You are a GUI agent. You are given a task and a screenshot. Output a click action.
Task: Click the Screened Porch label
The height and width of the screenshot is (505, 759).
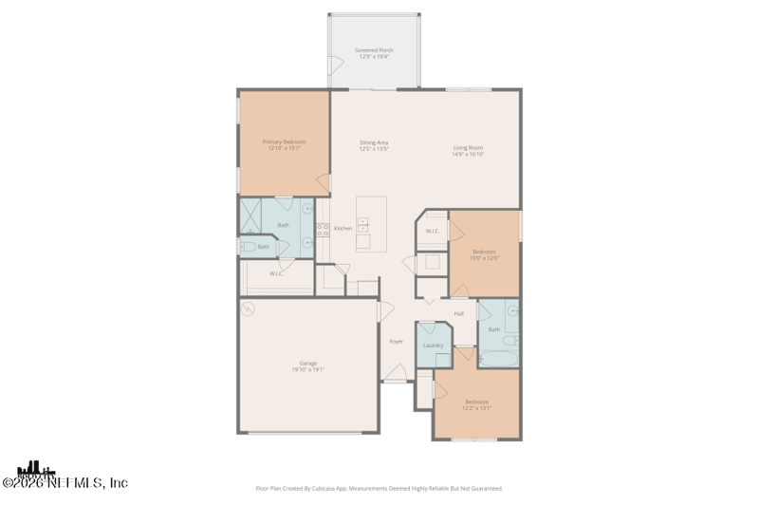374,50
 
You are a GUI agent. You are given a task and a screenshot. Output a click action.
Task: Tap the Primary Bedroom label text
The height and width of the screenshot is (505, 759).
284,141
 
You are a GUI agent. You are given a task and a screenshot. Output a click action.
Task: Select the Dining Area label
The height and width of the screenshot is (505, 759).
374,142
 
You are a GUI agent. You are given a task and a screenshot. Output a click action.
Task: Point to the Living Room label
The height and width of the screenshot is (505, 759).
468,147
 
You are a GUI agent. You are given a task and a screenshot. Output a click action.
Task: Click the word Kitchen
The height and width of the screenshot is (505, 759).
343,228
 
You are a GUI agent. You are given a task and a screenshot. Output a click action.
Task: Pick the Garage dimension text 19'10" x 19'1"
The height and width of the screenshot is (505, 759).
308,369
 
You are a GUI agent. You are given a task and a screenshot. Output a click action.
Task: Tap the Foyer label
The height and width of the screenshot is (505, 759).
397,341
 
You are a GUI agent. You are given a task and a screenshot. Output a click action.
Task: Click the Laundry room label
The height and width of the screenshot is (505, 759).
433,346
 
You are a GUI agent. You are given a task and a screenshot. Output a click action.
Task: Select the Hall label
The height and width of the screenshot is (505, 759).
459,313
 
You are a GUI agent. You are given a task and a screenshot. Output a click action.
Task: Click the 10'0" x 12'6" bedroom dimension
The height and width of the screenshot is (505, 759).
484,258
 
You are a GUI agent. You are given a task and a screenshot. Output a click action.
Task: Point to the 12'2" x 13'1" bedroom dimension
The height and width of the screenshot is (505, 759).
478,407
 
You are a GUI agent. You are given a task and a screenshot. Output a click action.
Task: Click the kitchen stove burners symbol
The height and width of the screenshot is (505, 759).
323,229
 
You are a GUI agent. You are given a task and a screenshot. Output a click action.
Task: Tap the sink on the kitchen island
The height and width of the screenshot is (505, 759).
362,225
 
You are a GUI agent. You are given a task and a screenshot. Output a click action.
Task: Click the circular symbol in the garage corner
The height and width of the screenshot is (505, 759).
249,309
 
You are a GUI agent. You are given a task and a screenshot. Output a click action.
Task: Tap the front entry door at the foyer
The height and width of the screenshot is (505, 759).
397,375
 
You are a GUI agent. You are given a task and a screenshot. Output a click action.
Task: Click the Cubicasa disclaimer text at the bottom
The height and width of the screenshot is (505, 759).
379,488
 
